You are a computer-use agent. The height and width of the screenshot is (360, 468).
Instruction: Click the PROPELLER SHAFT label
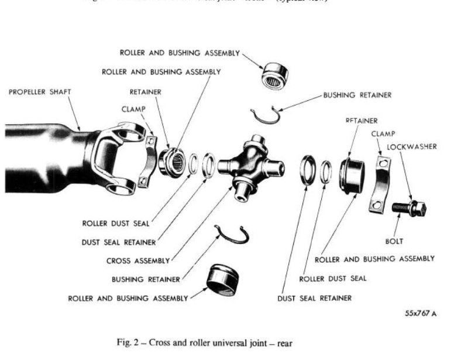(x=40, y=92)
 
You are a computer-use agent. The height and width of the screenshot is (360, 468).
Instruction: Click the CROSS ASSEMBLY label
(x=138, y=260)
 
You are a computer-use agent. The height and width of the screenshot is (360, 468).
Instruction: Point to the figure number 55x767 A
(x=421, y=313)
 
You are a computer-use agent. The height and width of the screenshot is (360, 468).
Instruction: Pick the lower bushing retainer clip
(x=230, y=235)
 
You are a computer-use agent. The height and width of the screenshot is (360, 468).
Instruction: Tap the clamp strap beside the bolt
(x=378, y=184)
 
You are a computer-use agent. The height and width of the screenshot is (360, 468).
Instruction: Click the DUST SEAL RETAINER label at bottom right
(x=315, y=298)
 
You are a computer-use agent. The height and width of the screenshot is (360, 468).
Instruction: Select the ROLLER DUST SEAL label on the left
(x=116, y=223)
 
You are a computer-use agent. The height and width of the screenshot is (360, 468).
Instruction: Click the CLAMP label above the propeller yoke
(x=133, y=109)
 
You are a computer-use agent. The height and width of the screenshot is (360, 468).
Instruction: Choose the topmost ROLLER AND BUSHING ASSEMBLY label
(x=180, y=53)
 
